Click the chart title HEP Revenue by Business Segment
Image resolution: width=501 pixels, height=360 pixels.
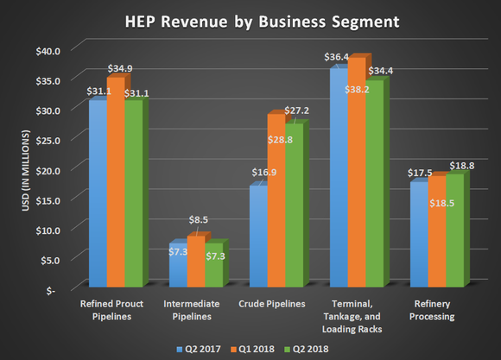250,19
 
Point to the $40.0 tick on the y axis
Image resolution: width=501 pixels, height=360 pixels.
48,50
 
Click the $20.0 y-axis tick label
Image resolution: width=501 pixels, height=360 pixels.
48,170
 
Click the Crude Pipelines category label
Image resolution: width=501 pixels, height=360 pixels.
274,304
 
